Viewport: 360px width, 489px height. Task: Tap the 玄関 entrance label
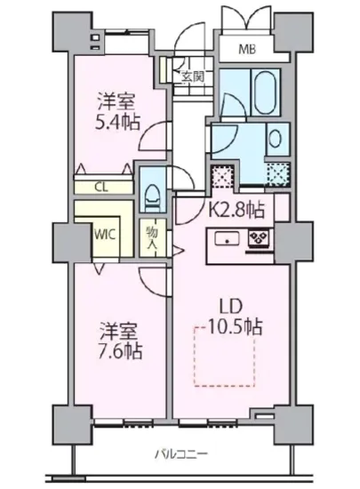tap(193, 76)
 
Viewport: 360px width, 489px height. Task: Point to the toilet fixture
tap(151, 190)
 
